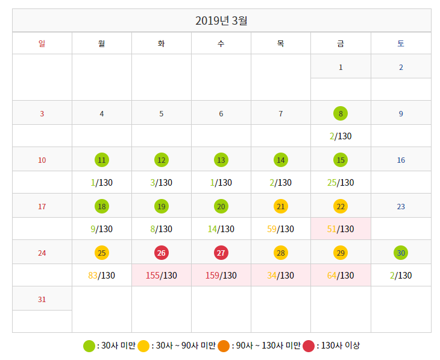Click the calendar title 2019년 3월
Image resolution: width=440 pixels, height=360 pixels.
tap(221, 21)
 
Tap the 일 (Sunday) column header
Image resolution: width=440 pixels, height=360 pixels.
tap(42, 43)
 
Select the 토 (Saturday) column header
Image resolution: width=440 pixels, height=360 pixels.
tap(401, 43)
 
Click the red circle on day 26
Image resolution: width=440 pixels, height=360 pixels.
tap(161, 252)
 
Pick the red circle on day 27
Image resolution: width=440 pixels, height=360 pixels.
tap(221, 252)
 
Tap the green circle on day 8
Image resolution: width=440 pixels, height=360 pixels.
tap(341, 113)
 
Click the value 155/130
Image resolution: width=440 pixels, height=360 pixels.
tap(162, 276)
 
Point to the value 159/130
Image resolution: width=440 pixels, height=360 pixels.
tap(221, 276)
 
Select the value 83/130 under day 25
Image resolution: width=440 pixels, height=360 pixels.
tap(101, 276)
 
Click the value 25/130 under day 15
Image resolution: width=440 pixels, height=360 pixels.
tap(341, 183)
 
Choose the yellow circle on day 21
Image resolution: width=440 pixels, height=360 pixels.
tap(281, 206)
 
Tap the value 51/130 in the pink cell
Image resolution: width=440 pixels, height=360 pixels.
tap(341, 229)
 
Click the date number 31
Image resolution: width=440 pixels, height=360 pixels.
tap(42, 299)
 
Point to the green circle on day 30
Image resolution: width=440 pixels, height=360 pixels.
tap(401, 252)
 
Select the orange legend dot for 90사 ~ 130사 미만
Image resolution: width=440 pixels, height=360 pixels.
tap(224, 346)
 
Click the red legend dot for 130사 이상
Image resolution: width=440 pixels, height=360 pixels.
tap(309, 346)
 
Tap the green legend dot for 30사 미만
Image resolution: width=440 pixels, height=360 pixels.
tap(89, 346)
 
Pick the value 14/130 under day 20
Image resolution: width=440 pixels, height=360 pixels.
tap(221, 229)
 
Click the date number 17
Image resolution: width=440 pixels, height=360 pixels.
tap(42, 206)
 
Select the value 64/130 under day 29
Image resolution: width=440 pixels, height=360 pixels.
tap(341, 276)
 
